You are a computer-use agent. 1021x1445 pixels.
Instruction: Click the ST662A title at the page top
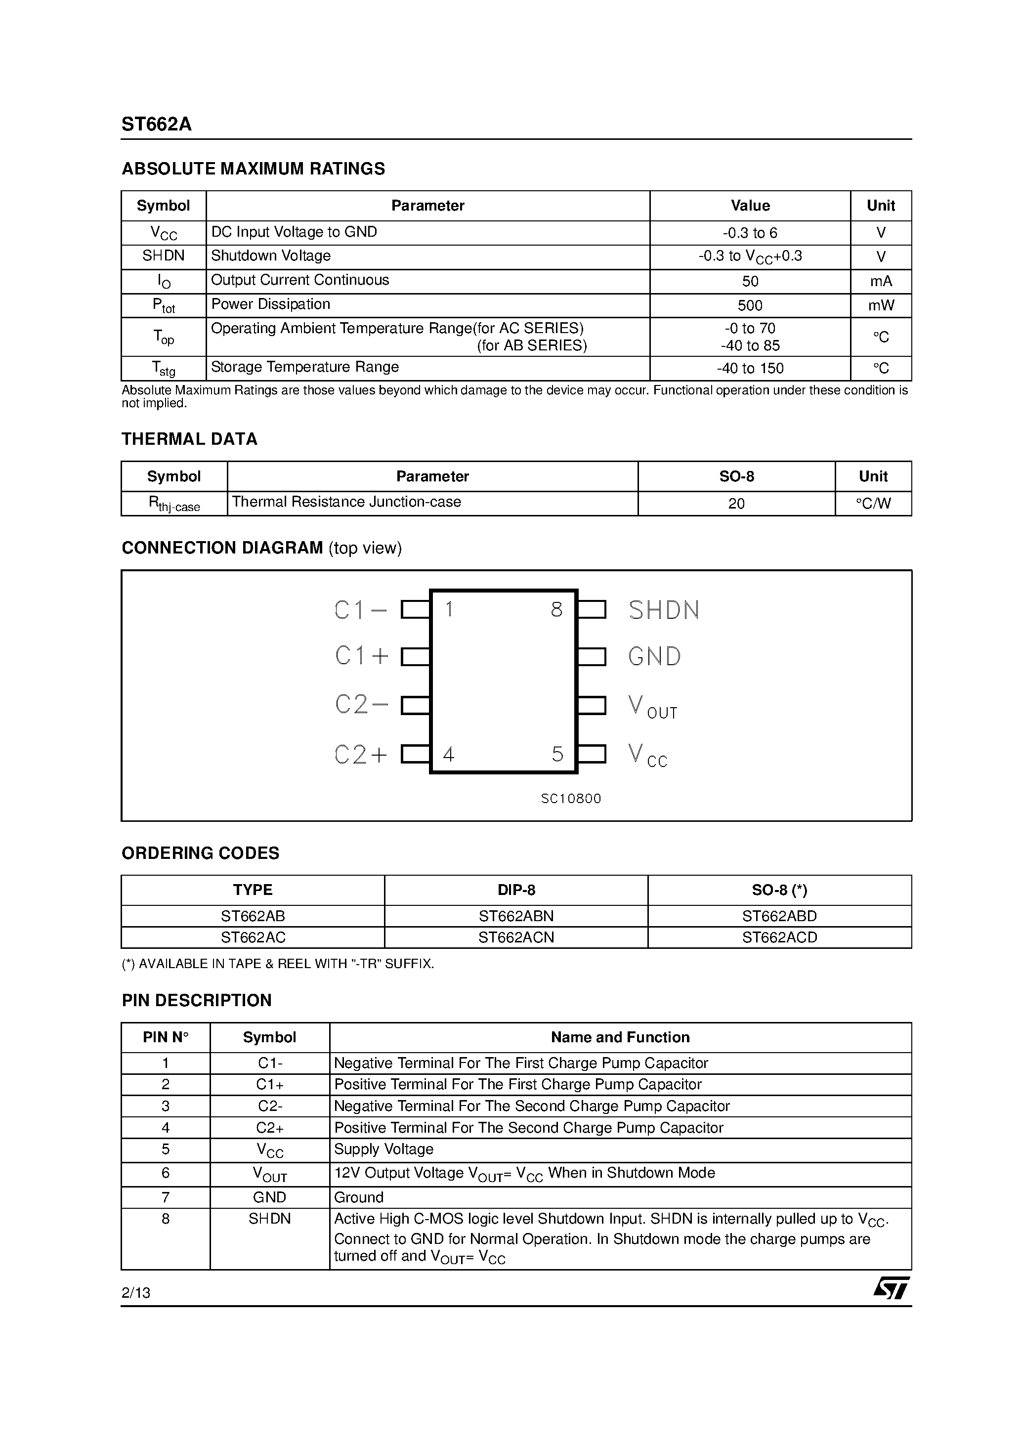tap(156, 125)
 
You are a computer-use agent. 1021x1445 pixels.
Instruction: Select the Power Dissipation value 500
tap(750, 305)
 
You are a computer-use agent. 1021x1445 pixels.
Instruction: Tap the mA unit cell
tap(881, 281)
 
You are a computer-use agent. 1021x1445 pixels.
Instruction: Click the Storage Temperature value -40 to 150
tap(750, 368)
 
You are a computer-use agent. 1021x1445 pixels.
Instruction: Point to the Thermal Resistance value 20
tap(736, 504)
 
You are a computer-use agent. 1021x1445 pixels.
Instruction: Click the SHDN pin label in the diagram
tap(664, 610)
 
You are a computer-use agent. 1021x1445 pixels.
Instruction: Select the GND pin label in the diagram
tap(654, 656)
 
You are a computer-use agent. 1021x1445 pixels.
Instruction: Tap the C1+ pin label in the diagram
tap(361, 656)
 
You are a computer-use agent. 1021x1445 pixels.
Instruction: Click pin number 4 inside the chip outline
tap(448, 754)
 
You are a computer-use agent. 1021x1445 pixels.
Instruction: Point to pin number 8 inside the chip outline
tap(556, 609)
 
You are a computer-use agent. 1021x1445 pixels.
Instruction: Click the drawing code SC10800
tap(571, 799)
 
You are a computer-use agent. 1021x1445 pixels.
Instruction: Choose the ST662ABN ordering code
tap(516, 916)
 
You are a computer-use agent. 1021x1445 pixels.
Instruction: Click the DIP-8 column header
tap(516, 890)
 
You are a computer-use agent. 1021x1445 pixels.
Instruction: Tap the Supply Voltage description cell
tap(383, 1149)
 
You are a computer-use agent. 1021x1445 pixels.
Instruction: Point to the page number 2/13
tap(136, 1293)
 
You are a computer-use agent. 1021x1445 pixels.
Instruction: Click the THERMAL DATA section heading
tap(189, 439)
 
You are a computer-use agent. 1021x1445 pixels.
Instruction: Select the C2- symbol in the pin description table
tap(270, 1106)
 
